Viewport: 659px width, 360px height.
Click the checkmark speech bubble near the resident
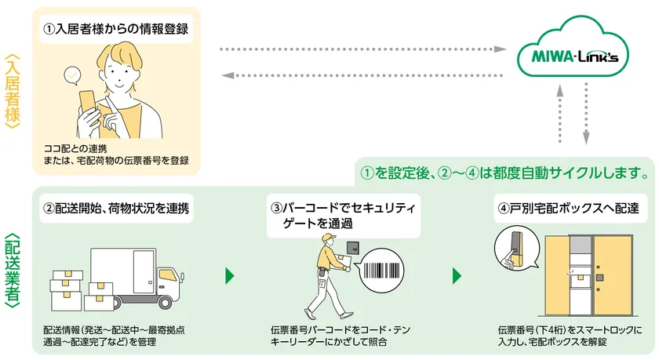pyautogui.click(x=72, y=76)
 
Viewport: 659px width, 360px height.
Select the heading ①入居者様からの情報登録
pyautogui.click(x=116, y=29)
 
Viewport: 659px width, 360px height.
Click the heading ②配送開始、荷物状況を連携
pyautogui.click(x=116, y=208)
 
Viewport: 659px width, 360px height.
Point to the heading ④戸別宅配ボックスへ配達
pyautogui.click(x=568, y=208)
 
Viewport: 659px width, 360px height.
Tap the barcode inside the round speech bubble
pyautogui.click(x=381, y=271)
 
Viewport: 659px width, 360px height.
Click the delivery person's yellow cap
pyautogui.click(x=329, y=238)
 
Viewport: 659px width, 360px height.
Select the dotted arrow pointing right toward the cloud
pyautogui.click(x=362, y=49)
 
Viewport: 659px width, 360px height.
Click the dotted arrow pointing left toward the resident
pyautogui.click(x=362, y=75)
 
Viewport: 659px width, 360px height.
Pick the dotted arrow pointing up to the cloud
pyautogui.click(x=559, y=114)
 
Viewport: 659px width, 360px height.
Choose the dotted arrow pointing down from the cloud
pyautogui.click(x=586, y=114)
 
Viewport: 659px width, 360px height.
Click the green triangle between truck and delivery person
pyautogui.click(x=229, y=276)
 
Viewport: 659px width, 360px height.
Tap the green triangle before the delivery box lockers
pyautogui.click(x=457, y=276)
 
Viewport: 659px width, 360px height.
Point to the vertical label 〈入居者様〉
pyautogui.click(x=13, y=91)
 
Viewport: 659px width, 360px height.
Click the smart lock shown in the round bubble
pyautogui.click(x=515, y=247)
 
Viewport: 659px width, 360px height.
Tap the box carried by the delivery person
pyautogui.click(x=341, y=263)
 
